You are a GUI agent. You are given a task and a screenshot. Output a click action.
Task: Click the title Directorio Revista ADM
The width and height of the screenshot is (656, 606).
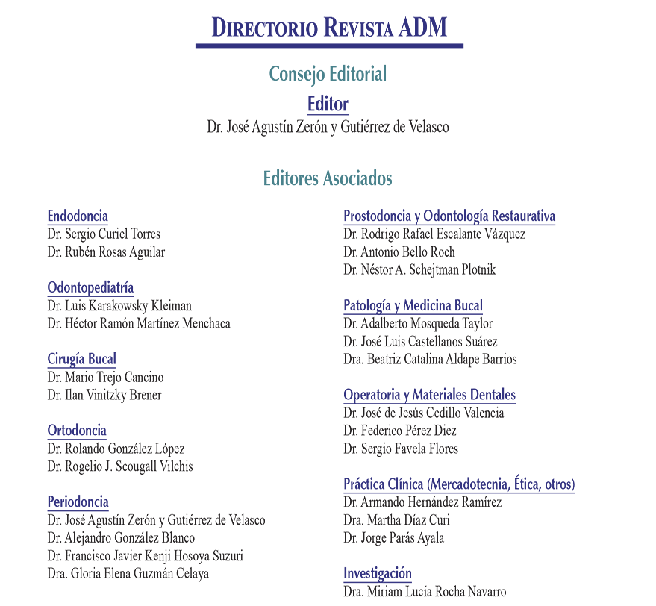[329, 28]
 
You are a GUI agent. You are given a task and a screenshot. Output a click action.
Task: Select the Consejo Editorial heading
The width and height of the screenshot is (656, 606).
[328, 74]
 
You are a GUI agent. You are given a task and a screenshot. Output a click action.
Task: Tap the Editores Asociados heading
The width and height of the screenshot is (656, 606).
[328, 178]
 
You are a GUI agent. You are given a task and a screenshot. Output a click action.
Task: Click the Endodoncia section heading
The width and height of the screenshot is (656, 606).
[78, 216]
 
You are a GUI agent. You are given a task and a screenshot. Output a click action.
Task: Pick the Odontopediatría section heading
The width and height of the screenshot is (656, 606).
[90, 287]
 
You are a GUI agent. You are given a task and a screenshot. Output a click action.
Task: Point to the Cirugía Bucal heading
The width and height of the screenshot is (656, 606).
[81, 359]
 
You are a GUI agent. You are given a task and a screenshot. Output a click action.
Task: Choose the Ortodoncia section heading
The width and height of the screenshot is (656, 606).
[77, 430]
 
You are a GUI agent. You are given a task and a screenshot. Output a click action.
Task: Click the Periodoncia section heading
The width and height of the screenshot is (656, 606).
[78, 502]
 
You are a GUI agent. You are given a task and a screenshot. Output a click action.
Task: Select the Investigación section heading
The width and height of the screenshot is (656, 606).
[378, 573]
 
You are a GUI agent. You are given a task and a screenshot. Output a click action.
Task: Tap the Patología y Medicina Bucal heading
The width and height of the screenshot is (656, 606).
[413, 306]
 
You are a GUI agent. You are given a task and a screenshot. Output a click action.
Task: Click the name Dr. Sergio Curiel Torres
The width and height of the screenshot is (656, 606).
[104, 234]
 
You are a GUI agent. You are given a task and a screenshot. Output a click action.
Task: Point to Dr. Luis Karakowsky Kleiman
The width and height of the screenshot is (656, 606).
[119, 306]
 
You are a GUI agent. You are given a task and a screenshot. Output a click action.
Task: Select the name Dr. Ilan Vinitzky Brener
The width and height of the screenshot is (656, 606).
[104, 395]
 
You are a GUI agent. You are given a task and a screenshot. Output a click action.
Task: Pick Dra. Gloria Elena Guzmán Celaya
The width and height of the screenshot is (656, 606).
[128, 573]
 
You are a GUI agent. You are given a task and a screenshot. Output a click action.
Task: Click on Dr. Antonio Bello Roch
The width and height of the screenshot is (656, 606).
[399, 252]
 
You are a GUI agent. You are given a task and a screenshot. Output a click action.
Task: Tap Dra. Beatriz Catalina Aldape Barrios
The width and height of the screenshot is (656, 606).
[430, 360]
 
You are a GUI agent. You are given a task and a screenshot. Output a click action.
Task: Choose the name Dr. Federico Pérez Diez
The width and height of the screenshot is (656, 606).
[400, 431]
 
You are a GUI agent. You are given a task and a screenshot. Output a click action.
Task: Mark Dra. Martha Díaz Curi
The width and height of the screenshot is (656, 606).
[396, 520]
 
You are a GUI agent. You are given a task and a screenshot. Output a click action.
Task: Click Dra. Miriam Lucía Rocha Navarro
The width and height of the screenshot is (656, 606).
[425, 591]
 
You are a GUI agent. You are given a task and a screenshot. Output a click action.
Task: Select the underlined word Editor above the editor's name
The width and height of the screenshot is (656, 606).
[328, 104]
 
